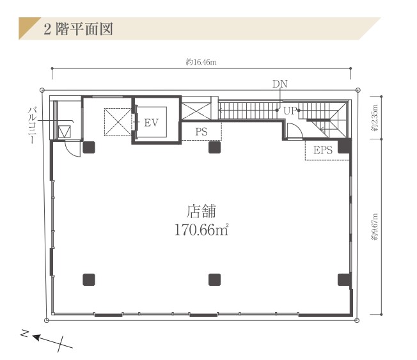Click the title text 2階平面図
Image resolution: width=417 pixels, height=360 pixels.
click(79, 29)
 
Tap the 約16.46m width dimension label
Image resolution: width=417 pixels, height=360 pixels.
click(201, 62)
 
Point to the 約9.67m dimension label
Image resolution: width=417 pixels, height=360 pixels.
click(374, 227)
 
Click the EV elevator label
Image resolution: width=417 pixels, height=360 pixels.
click(152, 123)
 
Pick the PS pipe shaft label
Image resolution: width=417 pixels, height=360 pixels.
click(201, 132)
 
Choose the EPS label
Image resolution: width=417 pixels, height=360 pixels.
click(323, 150)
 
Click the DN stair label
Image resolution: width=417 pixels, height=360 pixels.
click(279, 84)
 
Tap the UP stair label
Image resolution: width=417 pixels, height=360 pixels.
click(290, 111)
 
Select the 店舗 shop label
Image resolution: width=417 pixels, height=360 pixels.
click(201, 211)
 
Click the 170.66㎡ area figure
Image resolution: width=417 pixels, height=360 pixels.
click(201, 230)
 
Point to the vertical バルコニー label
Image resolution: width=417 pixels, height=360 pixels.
click(32, 125)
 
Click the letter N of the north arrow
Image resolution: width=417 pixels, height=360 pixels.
click(25, 333)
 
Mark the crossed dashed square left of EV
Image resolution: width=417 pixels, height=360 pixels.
click(118, 122)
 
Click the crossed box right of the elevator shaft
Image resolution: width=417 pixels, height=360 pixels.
click(196, 111)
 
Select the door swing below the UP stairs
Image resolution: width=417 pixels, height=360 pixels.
click(295, 131)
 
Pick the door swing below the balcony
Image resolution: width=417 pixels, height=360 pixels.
click(73, 149)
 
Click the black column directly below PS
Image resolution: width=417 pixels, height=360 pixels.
click(214, 147)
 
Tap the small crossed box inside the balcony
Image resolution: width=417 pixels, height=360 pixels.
click(65, 131)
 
